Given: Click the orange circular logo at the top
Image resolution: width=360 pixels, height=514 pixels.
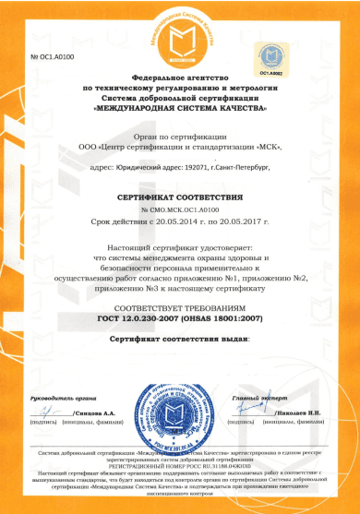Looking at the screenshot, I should (x=181, y=36).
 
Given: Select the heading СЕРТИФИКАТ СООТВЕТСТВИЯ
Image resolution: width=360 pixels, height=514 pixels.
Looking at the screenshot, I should (x=181, y=197).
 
